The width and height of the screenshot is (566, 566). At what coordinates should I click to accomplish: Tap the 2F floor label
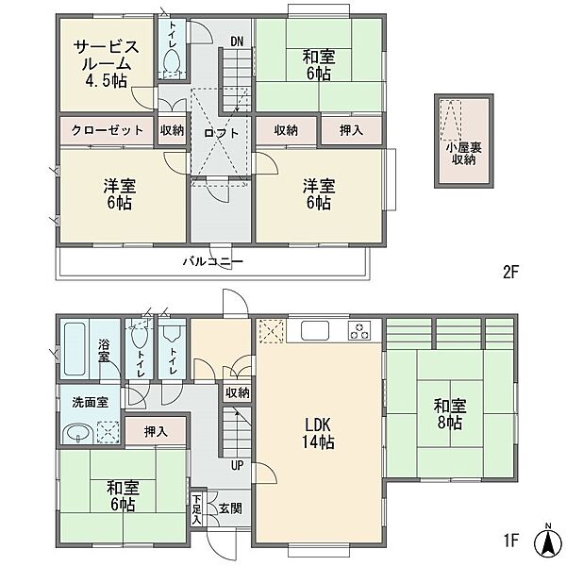tap(510, 273)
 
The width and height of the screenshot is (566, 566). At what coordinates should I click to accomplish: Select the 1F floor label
tap(510, 541)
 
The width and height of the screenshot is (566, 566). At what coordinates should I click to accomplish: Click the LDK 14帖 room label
tap(318, 434)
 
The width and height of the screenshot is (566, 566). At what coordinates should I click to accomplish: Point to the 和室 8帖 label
tap(450, 414)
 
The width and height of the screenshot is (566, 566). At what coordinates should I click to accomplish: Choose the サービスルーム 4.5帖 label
tap(106, 63)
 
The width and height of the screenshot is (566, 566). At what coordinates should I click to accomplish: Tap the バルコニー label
tap(212, 260)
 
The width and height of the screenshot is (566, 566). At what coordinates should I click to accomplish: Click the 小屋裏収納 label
tap(464, 154)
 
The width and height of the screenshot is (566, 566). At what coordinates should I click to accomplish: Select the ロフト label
tap(222, 133)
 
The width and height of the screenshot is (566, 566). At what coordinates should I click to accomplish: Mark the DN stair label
tap(237, 42)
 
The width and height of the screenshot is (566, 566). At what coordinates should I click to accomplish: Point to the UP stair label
tap(237, 466)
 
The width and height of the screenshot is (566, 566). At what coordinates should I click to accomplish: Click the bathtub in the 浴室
tap(75, 349)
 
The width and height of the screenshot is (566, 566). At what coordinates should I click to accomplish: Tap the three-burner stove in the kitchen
tap(359, 331)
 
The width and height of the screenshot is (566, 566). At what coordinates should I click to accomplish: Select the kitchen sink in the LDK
tap(315, 330)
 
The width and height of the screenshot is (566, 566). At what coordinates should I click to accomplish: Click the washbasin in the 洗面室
tap(78, 434)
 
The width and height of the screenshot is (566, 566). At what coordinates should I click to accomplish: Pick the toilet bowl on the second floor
tap(172, 60)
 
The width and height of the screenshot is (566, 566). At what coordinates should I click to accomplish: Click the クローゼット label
tap(107, 130)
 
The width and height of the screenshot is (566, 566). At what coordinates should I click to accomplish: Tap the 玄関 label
tap(230, 509)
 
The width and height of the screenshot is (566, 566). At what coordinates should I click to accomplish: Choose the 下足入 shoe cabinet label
tap(196, 509)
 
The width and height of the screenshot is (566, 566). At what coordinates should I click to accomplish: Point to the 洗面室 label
tap(90, 402)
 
